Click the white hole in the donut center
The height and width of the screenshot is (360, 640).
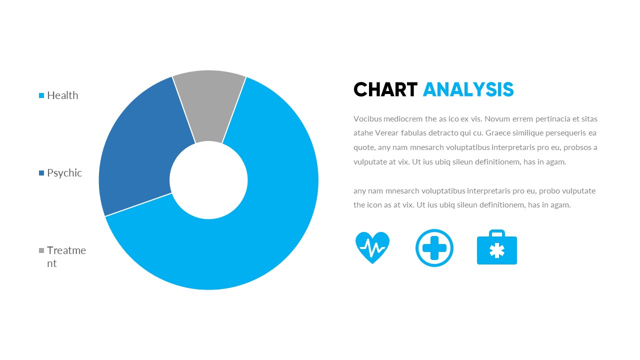tap(208, 180)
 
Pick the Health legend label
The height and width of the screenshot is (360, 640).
tap(62, 95)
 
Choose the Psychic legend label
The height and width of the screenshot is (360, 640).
tap(64, 173)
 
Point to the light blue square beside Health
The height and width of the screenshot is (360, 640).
tap(42, 95)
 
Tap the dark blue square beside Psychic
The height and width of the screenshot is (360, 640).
tap(42, 173)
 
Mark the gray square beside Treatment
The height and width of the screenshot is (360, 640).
tap(42, 250)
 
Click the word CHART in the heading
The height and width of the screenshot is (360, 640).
tap(385, 90)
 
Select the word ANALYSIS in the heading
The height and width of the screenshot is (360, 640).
tap(468, 90)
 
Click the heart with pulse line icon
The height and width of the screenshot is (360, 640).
tap(372, 247)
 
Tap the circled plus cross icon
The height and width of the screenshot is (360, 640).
tap(434, 248)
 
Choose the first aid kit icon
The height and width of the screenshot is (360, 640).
tap(497, 249)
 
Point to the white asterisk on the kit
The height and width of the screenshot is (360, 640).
tap(497, 250)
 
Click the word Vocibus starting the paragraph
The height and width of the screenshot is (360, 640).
tap(367, 119)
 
